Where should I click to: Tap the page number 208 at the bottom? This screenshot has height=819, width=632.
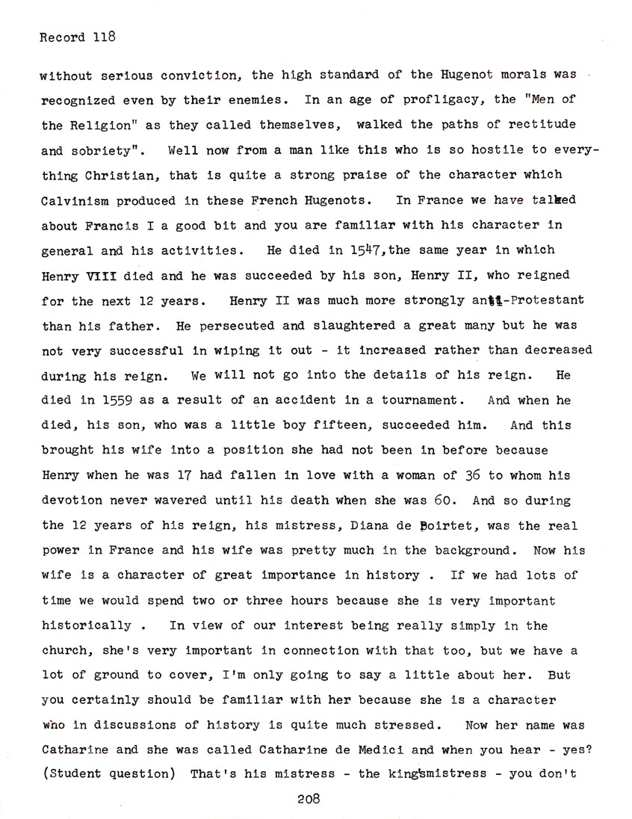[309, 798]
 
